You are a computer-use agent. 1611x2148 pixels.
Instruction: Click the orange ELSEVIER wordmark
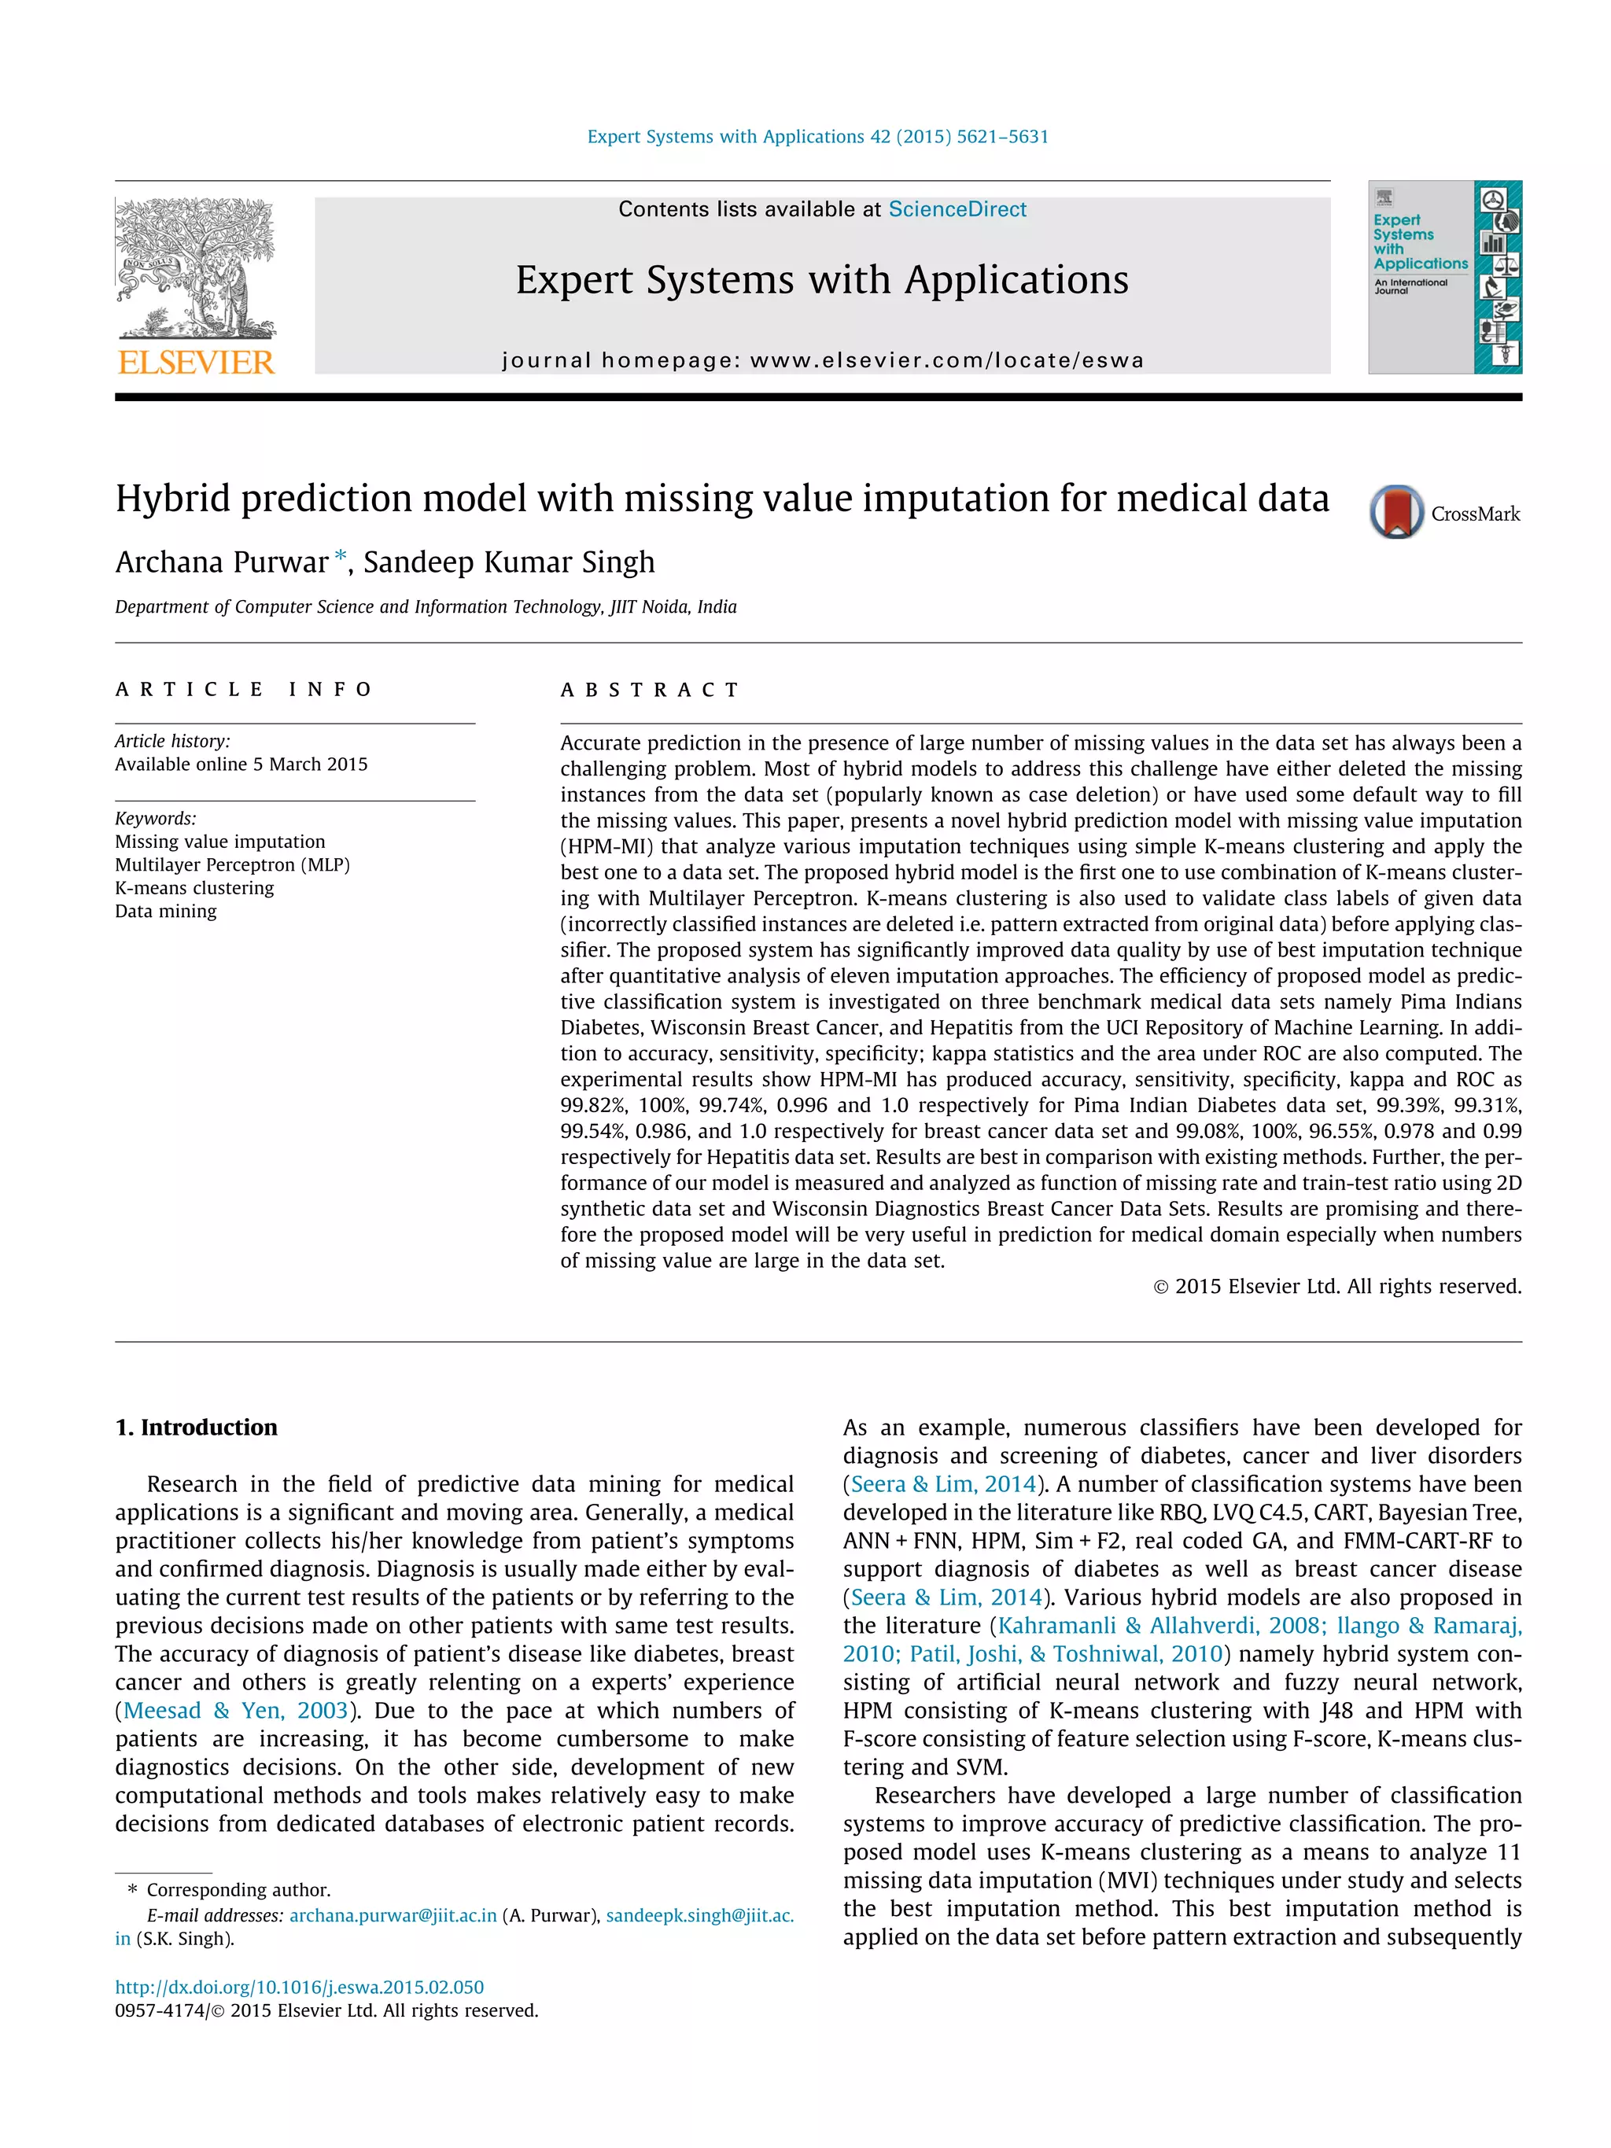[x=196, y=363]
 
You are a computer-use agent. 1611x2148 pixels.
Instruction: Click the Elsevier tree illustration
[x=195, y=267]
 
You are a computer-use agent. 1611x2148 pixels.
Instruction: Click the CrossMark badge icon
[x=1396, y=512]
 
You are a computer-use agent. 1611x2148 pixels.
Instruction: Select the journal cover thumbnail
[x=1444, y=277]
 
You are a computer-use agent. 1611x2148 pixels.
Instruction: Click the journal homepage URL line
[x=823, y=360]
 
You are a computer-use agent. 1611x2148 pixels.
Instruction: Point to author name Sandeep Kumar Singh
[x=509, y=562]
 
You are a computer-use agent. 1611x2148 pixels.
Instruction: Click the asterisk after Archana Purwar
[x=340, y=556]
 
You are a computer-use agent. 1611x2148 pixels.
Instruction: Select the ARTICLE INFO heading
[x=244, y=690]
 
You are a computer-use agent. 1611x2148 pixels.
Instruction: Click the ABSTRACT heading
[x=650, y=690]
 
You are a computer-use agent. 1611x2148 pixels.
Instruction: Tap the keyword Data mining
[x=166, y=911]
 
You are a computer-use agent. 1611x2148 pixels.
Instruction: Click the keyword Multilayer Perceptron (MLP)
[x=232, y=864]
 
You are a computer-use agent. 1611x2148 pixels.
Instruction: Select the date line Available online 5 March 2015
[x=241, y=765]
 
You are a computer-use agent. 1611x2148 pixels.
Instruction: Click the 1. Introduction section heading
[x=196, y=1427]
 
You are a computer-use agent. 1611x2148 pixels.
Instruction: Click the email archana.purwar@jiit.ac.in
[x=393, y=1915]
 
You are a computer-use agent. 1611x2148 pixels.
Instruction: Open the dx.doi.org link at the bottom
[x=299, y=1987]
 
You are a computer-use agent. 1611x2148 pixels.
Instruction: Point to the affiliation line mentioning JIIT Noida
[x=426, y=607]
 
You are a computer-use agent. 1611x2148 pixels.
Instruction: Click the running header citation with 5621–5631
[x=817, y=137]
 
